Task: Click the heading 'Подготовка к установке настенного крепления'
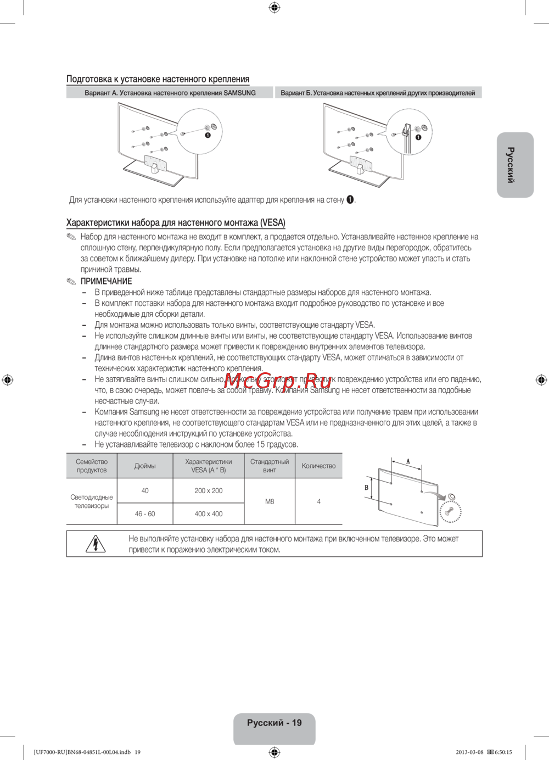pyautogui.click(x=158, y=79)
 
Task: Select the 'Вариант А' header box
pyautogui.click(x=170, y=93)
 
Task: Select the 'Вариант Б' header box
pyautogui.click(x=378, y=93)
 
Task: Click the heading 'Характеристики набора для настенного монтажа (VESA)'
pyautogui.click(x=176, y=222)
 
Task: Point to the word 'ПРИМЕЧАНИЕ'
pyautogui.click(x=106, y=281)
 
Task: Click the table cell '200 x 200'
pyautogui.click(x=209, y=491)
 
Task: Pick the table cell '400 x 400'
pyautogui.click(x=209, y=514)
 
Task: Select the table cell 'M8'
pyautogui.click(x=270, y=501)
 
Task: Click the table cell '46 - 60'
pyautogui.click(x=145, y=514)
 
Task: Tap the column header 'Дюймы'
pyautogui.click(x=145, y=466)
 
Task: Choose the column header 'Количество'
pyautogui.click(x=318, y=466)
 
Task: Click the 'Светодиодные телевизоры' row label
pyautogui.click(x=92, y=501)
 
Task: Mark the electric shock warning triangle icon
pyautogui.click(x=96, y=544)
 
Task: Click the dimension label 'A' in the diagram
pyautogui.click(x=408, y=462)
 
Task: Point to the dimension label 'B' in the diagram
pyautogui.click(x=367, y=488)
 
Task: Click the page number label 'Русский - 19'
pyautogui.click(x=274, y=723)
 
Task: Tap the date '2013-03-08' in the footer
pyautogui.click(x=469, y=752)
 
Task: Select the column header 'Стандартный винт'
pyautogui.click(x=270, y=466)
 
